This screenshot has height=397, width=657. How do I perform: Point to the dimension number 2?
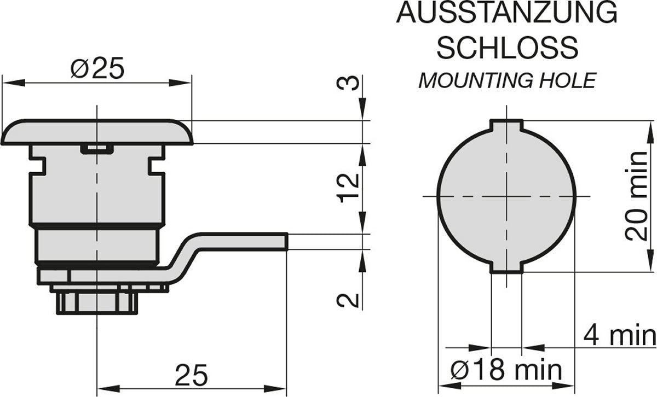[349, 300]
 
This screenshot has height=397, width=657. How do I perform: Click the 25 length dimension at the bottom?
[192, 376]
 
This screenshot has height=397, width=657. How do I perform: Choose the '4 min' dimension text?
[619, 335]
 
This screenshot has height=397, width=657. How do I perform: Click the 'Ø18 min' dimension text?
[506, 371]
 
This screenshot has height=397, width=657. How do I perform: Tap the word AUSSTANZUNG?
[506, 13]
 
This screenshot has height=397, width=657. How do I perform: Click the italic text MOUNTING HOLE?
[506, 81]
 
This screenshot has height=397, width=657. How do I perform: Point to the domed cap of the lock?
[97, 132]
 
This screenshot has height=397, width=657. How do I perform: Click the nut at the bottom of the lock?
[96, 302]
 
